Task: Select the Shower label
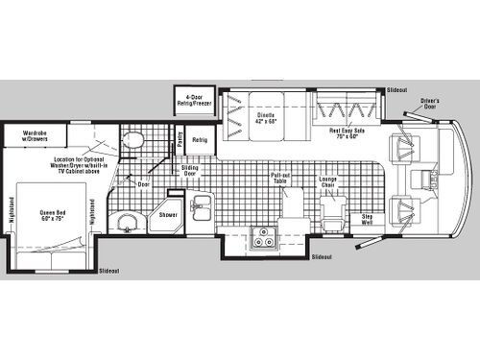[x=169, y=215]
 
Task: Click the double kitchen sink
[x=203, y=206]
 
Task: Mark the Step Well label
[x=367, y=219]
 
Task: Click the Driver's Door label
[x=429, y=103]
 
